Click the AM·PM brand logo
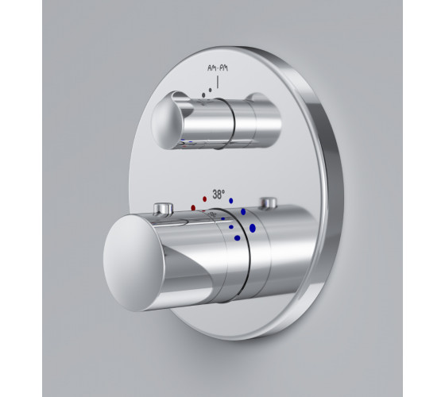tap(218, 68)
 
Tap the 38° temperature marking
tap(219, 195)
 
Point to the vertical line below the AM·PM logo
tap(218, 82)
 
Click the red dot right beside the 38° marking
tap(205, 198)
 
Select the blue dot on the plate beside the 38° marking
tap(231, 201)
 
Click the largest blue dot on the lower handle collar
tap(253, 228)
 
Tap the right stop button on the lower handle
tap(269, 203)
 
